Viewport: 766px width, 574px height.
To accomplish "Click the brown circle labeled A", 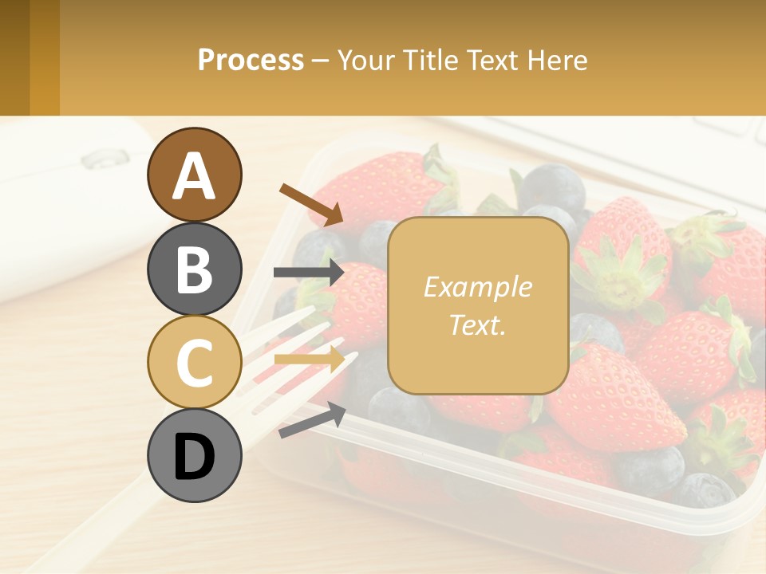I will point(194,175).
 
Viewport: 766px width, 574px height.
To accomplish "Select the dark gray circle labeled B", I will point(194,269).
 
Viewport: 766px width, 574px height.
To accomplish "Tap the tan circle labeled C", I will point(194,362).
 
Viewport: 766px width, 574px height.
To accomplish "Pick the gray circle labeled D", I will point(194,456).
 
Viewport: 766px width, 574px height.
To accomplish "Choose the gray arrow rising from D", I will point(312,421).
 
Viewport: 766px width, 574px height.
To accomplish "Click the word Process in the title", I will point(251,61).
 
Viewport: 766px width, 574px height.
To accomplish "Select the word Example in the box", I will point(477,287).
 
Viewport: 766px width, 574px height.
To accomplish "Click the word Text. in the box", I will point(477,325).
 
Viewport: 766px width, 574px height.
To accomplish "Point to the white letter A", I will point(194,176).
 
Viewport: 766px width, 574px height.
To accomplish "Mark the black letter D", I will point(194,457).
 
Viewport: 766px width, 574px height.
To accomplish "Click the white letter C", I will point(194,363).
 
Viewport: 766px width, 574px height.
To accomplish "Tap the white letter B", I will point(194,269).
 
